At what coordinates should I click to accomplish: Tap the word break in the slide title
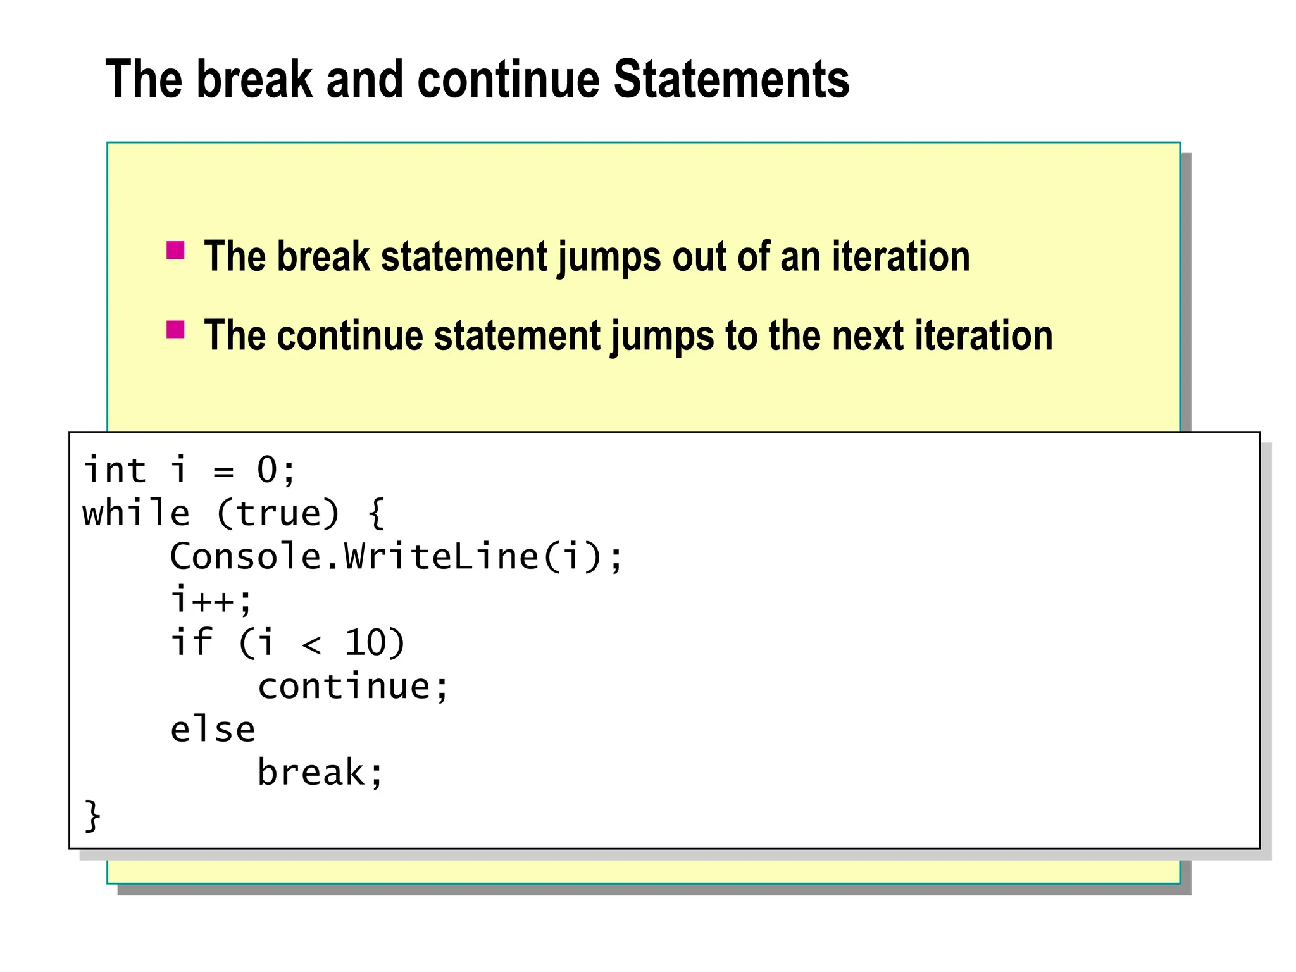(254, 80)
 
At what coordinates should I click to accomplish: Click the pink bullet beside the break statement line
(175, 251)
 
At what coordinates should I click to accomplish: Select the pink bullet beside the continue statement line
(175, 330)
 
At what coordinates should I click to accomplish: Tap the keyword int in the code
(115, 470)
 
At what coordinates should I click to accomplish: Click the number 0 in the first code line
(267, 470)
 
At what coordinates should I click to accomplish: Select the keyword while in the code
(136, 513)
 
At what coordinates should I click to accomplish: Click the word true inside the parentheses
(278, 513)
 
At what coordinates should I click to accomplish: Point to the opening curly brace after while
(376, 513)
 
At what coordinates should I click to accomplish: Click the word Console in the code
(246, 557)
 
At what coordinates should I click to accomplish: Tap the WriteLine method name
(441, 557)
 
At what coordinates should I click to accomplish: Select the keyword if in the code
(191, 643)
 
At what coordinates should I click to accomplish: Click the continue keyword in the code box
(344, 687)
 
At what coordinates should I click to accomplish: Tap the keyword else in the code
(213, 730)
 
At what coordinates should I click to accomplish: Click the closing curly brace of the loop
(92, 816)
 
